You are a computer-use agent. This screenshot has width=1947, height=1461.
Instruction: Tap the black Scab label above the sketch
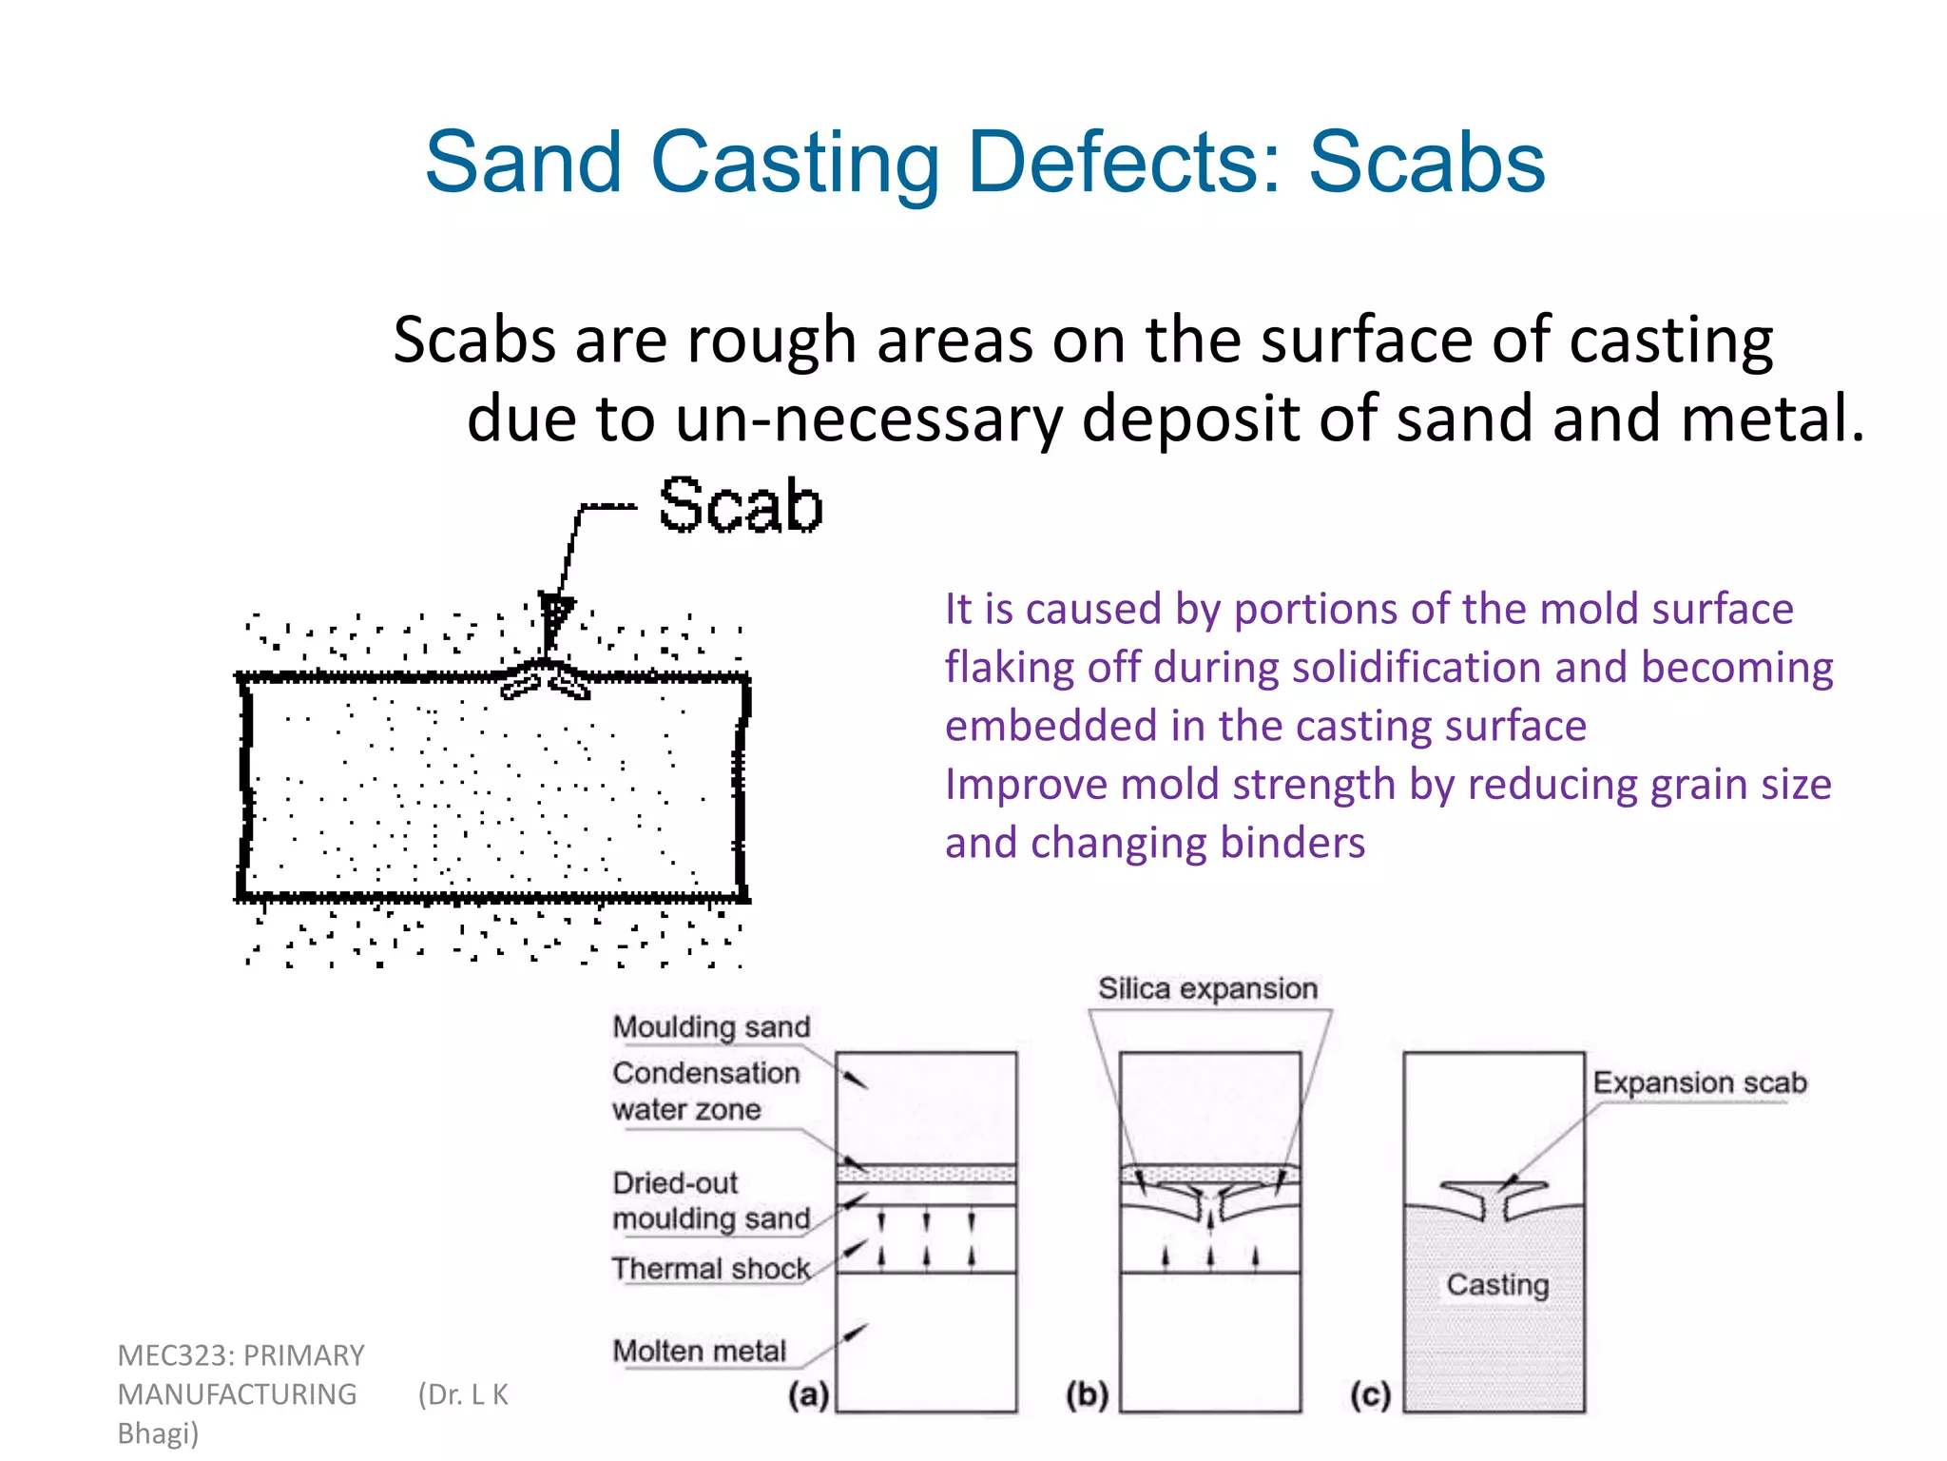(x=740, y=505)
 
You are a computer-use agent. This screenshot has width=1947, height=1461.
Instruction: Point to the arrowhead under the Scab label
(x=554, y=612)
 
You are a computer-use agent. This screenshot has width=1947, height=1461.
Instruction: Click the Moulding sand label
(x=711, y=1027)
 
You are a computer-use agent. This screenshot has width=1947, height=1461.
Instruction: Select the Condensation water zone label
(x=705, y=1091)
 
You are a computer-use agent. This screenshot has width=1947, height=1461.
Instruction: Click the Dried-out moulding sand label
(x=711, y=1200)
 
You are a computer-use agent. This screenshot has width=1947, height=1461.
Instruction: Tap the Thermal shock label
(x=710, y=1269)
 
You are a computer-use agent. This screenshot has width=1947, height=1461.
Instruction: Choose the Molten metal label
(x=699, y=1351)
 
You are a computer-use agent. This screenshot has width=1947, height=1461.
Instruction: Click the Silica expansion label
(x=1207, y=989)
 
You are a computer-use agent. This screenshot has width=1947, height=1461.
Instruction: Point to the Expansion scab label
(x=1699, y=1082)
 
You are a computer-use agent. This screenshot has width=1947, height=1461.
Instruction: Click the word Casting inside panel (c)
(x=1497, y=1285)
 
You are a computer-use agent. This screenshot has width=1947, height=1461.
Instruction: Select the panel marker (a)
(x=808, y=1395)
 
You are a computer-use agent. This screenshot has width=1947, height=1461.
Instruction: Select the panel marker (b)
(x=1088, y=1395)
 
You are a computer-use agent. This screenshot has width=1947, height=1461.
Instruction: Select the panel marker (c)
(x=1370, y=1395)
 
